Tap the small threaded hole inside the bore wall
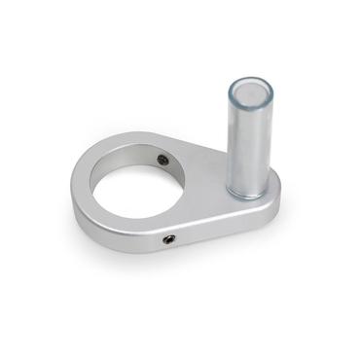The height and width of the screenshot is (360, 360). coord(162,159)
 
